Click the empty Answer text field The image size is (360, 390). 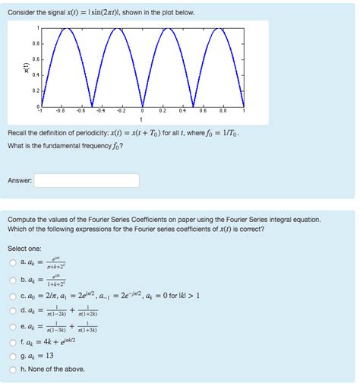click(87, 181)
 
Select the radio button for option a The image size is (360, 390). click(12, 262)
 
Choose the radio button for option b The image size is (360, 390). click(12, 279)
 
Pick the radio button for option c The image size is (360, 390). click(12, 296)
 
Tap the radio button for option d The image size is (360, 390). click(12, 311)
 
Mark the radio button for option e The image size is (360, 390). click(12, 328)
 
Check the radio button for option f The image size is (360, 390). click(12, 342)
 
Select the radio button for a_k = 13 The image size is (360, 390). click(12, 356)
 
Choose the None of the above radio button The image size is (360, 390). click(12, 369)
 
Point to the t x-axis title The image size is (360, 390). click(142, 119)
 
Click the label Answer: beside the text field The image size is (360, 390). click(19, 181)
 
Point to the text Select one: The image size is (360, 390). click(24, 249)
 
